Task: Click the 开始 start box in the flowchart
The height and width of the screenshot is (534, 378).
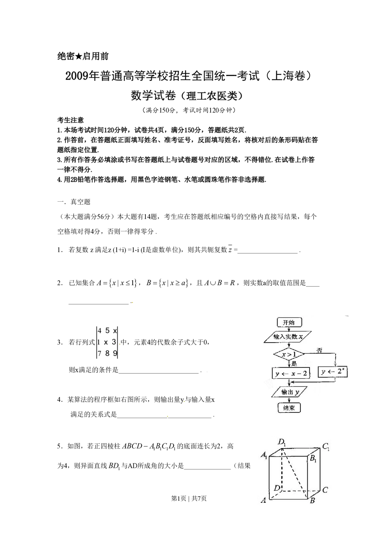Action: click(x=289, y=323)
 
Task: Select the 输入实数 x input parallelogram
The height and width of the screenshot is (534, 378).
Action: click(x=288, y=336)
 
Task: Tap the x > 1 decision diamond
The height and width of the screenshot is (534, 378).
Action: click(x=289, y=354)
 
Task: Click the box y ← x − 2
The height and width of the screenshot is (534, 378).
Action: click(x=291, y=373)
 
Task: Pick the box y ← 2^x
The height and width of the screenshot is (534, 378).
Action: click(x=333, y=372)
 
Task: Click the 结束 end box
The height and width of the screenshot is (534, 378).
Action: click(x=289, y=408)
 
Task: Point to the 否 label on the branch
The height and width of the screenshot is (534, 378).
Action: click(x=319, y=351)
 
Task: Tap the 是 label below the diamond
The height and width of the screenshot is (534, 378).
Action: click(x=294, y=364)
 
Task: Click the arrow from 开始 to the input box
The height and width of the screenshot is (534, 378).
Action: click(x=289, y=329)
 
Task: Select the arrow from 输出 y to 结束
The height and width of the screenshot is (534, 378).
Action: click(x=290, y=400)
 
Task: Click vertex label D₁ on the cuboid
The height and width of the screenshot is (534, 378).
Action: click(x=282, y=442)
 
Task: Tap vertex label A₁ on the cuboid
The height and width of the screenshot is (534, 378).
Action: click(x=264, y=455)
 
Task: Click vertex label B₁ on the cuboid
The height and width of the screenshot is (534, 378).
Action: click(x=313, y=459)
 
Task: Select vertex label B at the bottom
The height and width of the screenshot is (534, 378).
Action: click(x=312, y=501)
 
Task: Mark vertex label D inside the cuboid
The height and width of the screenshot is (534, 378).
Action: click(x=277, y=488)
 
